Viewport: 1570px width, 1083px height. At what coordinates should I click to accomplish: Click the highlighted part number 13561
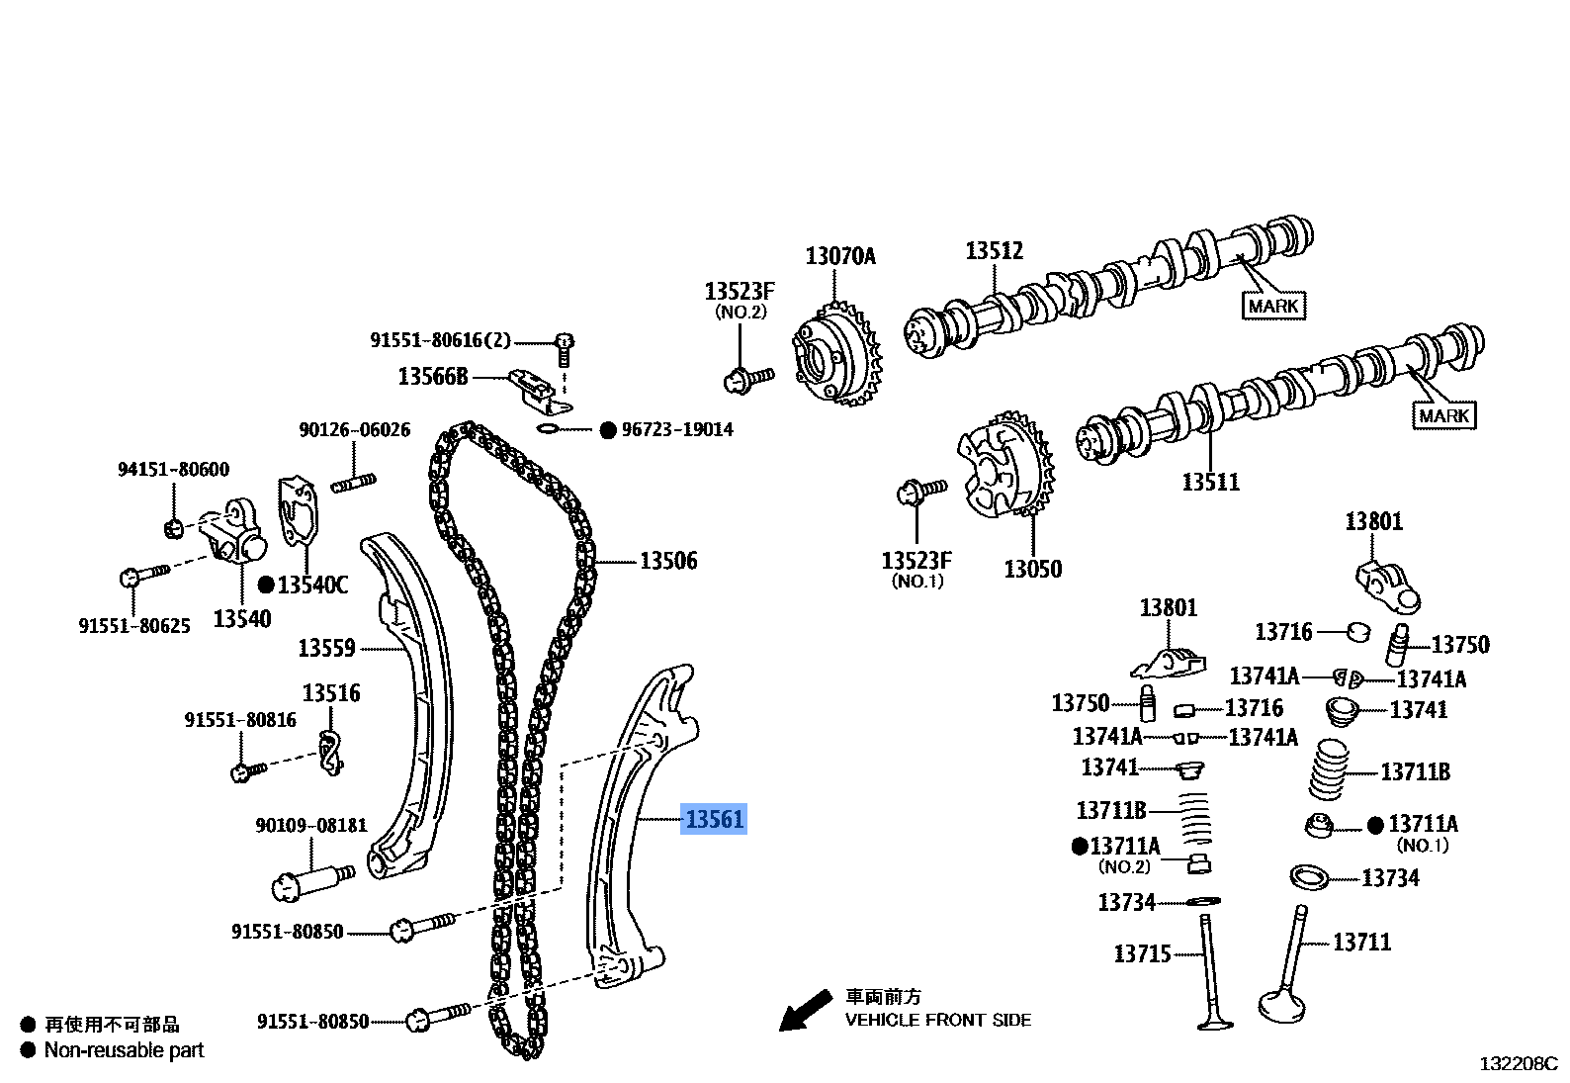tap(713, 819)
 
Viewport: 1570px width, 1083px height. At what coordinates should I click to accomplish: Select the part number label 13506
tap(668, 561)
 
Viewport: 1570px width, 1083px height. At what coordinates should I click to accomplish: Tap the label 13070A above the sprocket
tap(840, 256)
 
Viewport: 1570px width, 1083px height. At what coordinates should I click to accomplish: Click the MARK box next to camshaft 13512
tap(1272, 306)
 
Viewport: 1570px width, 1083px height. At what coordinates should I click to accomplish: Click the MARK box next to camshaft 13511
tap(1443, 415)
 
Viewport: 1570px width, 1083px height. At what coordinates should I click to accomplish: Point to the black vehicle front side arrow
tap(804, 1011)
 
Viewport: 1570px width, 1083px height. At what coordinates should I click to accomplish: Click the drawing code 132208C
tap(1518, 1064)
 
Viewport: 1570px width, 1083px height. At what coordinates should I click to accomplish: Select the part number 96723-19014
tap(677, 429)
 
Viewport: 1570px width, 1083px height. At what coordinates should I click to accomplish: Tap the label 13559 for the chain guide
tap(326, 649)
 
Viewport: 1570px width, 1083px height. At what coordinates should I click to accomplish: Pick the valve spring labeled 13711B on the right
tap(1330, 770)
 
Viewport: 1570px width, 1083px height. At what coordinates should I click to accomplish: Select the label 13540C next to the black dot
tap(312, 585)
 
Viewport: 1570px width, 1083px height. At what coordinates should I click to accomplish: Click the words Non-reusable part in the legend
tap(124, 1050)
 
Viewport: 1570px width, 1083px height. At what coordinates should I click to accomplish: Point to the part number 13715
tap(1142, 953)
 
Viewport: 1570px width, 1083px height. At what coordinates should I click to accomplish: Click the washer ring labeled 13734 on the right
tap(1309, 876)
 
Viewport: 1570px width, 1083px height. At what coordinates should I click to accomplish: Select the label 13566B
tap(432, 376)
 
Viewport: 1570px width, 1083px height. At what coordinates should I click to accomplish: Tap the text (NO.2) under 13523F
tap(740, 312)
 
